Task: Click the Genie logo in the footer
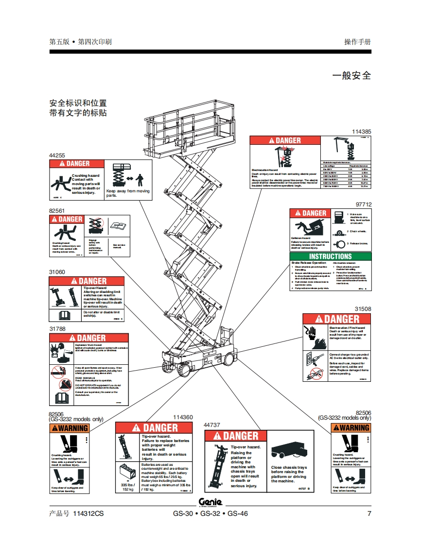pos(210,502)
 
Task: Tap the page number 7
pos(369,513)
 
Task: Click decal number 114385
pos(361,132)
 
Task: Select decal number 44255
pos(57,155)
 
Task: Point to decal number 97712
pos(363,204)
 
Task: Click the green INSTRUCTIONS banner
pos(330,256)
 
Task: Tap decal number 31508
pos(363,309)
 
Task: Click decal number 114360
pos(183,417)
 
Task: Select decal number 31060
pos(57,272)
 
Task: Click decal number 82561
pos(57,211)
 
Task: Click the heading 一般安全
pos(351,75)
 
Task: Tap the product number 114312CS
pos(88,513)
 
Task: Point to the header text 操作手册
pos(357,42)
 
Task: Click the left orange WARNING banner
pos(70,428)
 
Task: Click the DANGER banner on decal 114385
pos(285,140)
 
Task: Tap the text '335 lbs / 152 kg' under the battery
pos(128,487)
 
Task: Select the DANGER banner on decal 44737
pos(235,436)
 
